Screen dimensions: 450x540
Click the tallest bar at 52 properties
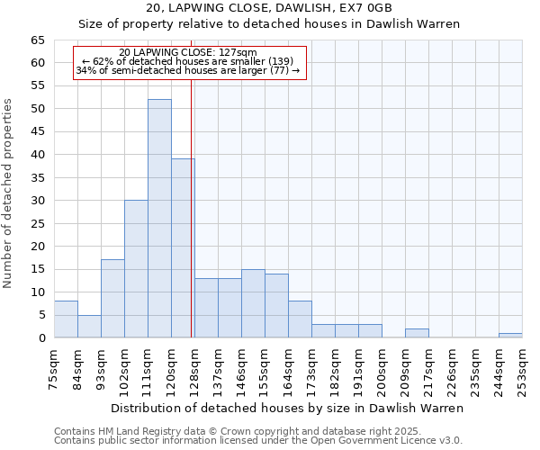(x=159, y=219)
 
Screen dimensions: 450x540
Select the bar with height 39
(x=183, y=248)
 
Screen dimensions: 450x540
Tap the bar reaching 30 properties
(x=136, y=269)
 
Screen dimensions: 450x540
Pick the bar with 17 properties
(x=112, y=299)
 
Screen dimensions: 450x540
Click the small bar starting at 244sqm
(x=510, y=335)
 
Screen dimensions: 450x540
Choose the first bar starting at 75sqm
(x=66, y=319)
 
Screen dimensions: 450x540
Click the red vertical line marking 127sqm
(x=192, y=207)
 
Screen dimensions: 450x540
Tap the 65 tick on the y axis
(x=38, y=40)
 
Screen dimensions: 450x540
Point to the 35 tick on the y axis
(x=38, y=178)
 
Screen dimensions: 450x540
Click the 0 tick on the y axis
(x=41, y=338)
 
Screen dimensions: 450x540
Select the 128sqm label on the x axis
(x=195, y=368)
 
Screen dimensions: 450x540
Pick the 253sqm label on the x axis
(x=523, y=368)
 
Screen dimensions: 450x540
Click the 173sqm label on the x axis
(x=312, y=368)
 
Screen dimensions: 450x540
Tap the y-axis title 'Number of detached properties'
(x=9, y=193)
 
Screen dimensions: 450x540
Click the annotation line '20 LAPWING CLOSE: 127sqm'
(x=188, y=53)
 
